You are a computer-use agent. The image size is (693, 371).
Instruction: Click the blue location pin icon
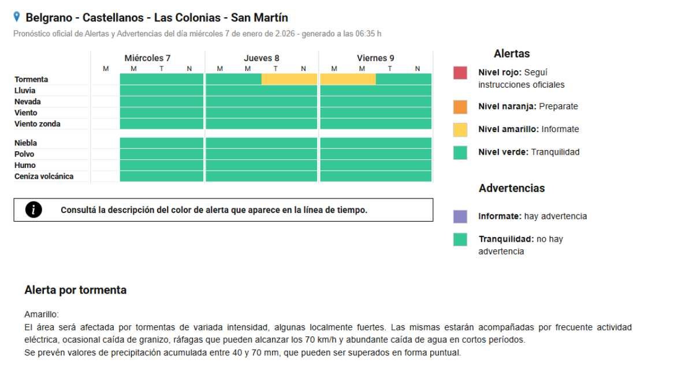click(x=17, y=17)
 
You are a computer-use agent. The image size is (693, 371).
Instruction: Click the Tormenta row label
click(x=31, y=79)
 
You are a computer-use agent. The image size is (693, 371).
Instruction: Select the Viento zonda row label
click(x=37, y=123)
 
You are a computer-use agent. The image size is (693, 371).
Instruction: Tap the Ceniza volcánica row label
click(x=44, y=176)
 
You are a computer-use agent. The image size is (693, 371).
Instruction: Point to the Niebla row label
click(x=26, y=143)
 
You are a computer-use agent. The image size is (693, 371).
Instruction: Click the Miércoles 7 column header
click(x=147, y=58)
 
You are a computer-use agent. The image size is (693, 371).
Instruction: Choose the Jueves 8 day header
click(x=261, y=58)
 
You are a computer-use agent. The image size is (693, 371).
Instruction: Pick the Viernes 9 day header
click(x=375, y=58)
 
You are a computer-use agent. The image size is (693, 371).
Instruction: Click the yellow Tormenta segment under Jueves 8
click(x=289, y=79)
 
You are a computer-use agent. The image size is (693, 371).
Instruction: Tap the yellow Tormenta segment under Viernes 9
click(x=348, y=79)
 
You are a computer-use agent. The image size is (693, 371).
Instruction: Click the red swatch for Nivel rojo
click(x=460, y=73)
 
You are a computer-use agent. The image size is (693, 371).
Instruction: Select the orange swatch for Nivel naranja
click(x=460, y=107)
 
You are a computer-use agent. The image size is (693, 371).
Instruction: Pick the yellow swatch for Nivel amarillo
click(x=460, y=129)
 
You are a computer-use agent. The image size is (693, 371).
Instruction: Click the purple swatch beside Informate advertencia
click(x=460, y=216)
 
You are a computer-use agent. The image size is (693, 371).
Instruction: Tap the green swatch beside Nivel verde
click(x=460, y=152)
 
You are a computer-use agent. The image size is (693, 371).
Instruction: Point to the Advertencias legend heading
click(x=512, y=188)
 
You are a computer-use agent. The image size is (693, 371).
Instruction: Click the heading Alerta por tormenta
click(x=75, y=290)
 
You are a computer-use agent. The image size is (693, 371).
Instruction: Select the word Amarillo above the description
click(x=38, y=315)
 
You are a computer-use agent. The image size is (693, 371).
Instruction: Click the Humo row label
click(x=25, y=165)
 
